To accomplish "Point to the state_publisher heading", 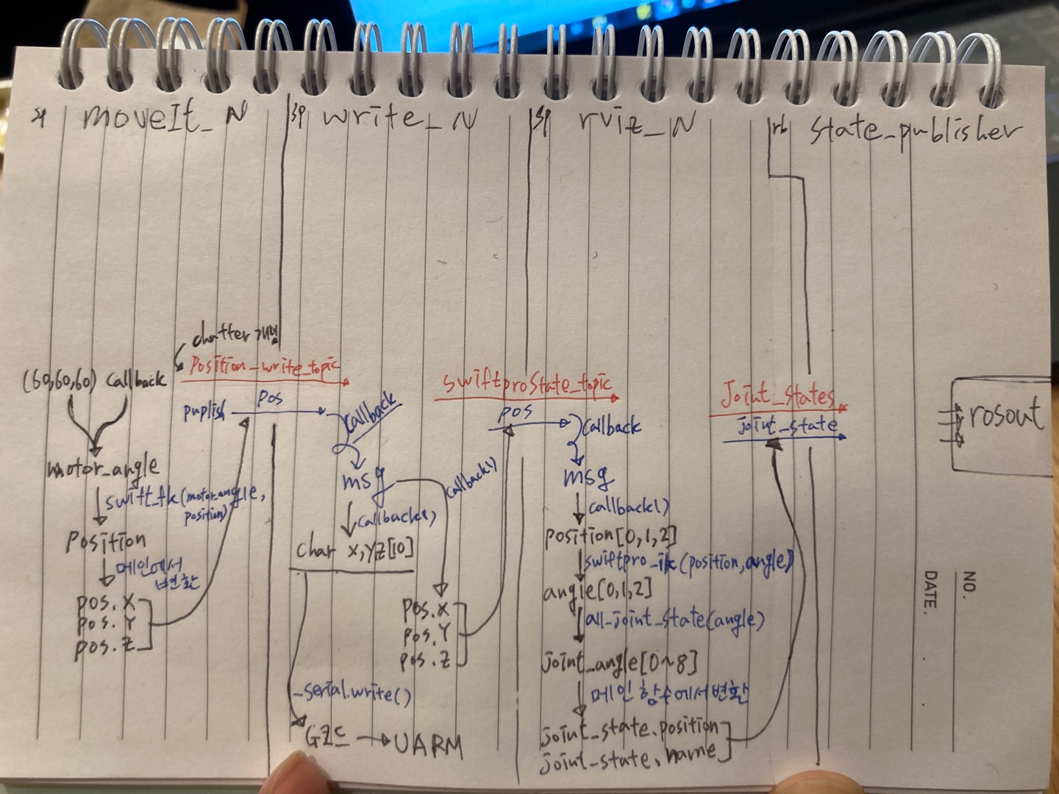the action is click(x=916, y=131).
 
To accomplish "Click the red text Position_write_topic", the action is click(x=265, y=366).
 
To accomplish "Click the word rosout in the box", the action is click(x=1005, y=414).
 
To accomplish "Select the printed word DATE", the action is click(x=930, y=589).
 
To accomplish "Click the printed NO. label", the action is click(x=969, y=582).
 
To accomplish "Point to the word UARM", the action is click(x=429, y=744).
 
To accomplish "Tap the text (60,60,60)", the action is click(x=59, y=382).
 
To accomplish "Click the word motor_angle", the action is click(x=103, y=468).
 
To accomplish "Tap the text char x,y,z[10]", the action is click(x=354, y=549).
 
